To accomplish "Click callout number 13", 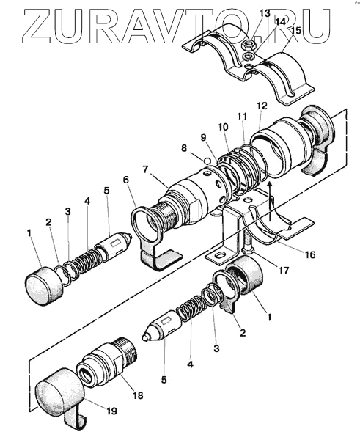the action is [264, 12].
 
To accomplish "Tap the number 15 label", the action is [295, 30].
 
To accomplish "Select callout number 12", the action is [262, 106].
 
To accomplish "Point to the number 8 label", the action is [184, 148].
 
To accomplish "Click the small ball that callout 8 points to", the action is [207, 161].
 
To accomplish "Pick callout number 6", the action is [125, 180].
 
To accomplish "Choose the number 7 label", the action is [144, 169].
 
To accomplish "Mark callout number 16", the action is [309, 254].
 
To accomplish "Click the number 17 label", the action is [284, 270].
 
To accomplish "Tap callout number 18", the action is [138, 395].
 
